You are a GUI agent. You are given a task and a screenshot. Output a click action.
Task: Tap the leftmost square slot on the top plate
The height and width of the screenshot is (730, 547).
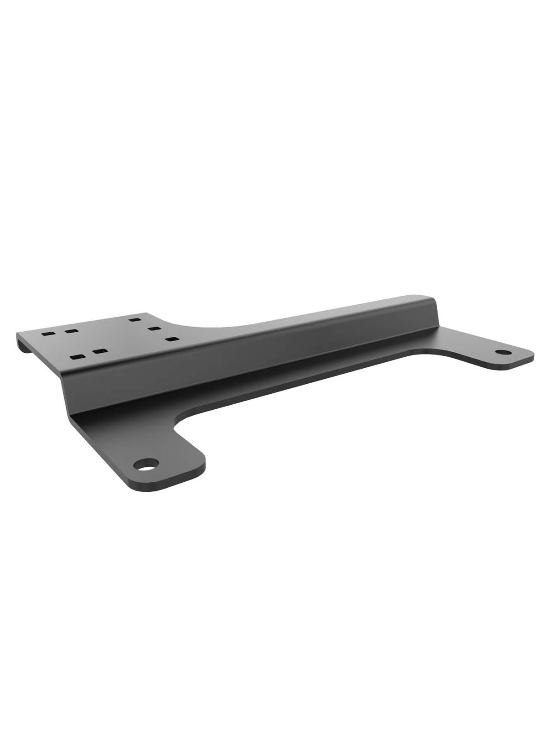click(x=46, y=334)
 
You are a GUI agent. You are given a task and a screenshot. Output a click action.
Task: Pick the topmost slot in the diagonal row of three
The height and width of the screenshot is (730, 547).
click(x=134, y=319)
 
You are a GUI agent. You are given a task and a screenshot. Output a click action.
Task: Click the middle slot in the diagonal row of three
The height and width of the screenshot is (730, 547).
click(x=153, y=328)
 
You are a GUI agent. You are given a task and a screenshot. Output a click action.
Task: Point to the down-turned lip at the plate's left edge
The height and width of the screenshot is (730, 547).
click(x=21, y=343)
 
